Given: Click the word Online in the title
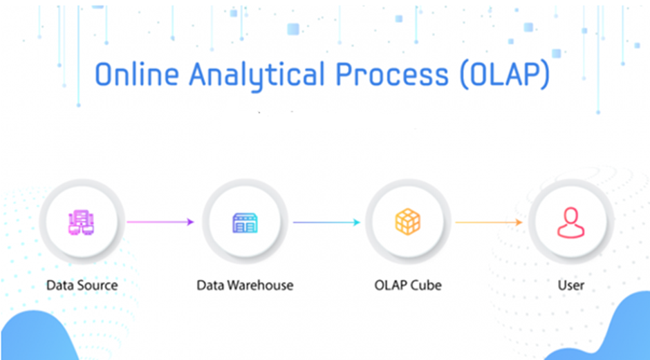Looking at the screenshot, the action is click(x=137, y=75).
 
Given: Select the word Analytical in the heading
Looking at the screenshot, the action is click(x=257, y=77).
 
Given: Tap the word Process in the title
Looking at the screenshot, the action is click(x=392, y=75).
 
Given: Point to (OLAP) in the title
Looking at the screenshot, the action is click(x=505, y=75).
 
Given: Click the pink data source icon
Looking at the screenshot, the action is click(x=82, y=222).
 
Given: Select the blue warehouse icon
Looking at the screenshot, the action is click(x=245, y=223).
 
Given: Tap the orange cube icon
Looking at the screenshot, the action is click(x=408, y=222).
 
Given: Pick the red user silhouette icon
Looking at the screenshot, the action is click(x=570, y=222).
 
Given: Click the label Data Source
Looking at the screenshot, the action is click(x=82, y=285).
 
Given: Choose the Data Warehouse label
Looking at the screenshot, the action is click(x=245, y=285).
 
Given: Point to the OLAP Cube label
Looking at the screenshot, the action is click(x=408, y=285).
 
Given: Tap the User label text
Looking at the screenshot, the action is click(x=570, y=285).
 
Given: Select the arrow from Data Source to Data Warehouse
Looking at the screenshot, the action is click(x=160, y=222).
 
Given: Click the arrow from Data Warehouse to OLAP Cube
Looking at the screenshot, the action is click(x=326, y=222).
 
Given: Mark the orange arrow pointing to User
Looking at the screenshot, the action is click(x=489, y=222).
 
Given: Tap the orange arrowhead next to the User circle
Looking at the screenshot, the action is click(x=519, y=222).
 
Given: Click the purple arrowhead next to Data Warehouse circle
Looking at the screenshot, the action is click(x=191, y=222).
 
